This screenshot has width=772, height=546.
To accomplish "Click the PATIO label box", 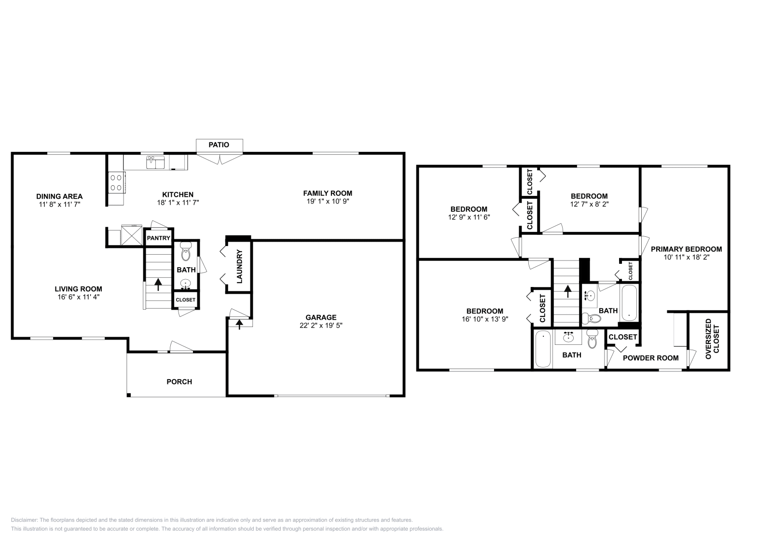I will point(219,145).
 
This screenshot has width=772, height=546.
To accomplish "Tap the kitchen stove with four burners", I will point(116,182).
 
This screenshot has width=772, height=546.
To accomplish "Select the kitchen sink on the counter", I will point(155,162).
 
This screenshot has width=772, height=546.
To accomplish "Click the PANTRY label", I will point(158,238).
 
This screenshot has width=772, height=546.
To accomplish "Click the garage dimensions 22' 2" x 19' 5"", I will point(321,326).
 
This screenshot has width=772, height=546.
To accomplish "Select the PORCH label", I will point(179,382).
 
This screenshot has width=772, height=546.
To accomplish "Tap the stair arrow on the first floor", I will point(158,284).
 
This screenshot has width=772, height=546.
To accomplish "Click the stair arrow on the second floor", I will point(567,291).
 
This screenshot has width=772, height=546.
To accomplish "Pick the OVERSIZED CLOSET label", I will point(712,339).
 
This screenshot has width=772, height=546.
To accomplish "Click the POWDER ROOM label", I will point(650,358).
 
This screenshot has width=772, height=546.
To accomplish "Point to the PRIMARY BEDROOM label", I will point(686,249).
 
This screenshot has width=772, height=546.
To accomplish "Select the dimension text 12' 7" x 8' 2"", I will point(589,204).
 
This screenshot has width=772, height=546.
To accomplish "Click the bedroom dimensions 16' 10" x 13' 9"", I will point(484,319).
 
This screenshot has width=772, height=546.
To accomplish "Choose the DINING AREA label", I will point(59,196).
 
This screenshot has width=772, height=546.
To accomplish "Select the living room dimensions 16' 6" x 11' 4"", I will point(78,297).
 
